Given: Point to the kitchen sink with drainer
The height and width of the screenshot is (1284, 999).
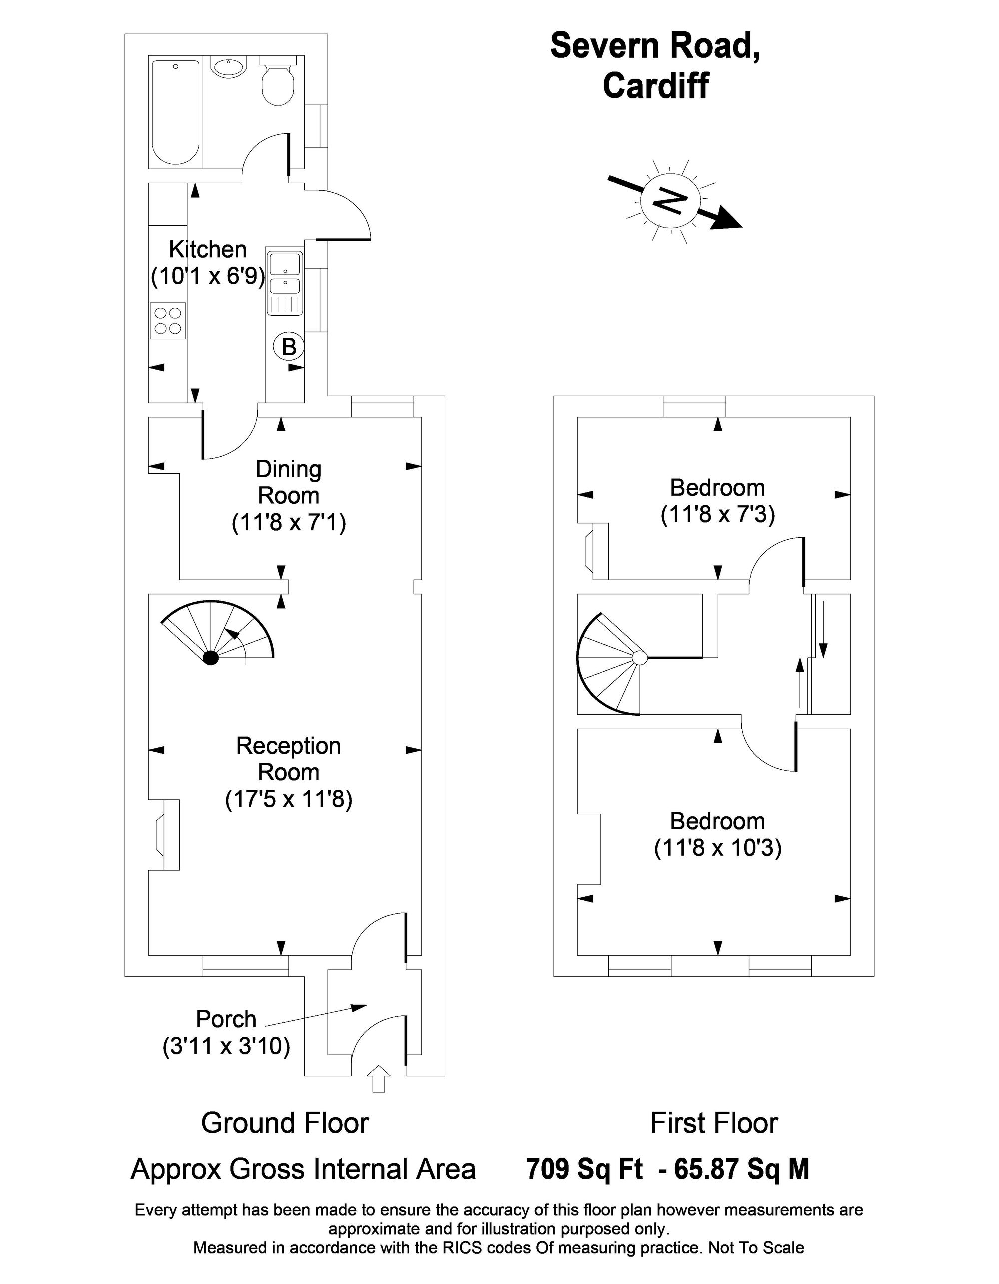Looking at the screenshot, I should point(285,282).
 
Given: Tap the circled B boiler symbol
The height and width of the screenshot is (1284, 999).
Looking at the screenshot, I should point(289,346).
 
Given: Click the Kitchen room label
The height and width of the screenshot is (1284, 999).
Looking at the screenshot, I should point(208,249).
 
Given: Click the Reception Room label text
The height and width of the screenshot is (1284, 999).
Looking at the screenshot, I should point(289,759).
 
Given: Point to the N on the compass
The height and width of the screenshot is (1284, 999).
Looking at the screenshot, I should point(670,201).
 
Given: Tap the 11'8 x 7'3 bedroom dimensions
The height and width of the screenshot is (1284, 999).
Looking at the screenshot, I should point(717,514).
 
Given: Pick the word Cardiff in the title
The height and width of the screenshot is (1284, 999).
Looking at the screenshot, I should point(656,85).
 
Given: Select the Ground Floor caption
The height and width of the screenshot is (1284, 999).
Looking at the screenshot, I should point(285,1124).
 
